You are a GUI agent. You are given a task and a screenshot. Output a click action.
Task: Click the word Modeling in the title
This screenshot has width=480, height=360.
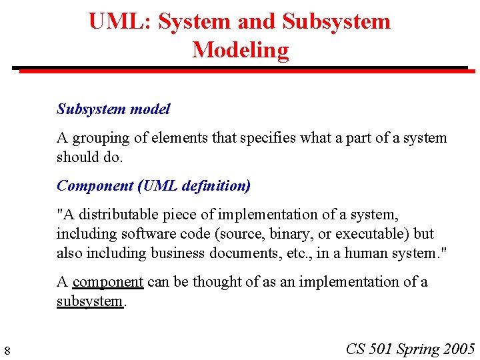pyautogui.click(x=240, y=50)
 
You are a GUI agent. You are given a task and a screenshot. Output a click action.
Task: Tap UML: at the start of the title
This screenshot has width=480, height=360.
pyautogui.click(x=121, y=21)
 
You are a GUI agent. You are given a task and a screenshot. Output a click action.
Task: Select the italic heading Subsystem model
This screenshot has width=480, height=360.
pyautogui.click(x=113, y=109)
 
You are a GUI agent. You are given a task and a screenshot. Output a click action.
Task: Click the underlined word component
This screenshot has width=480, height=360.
pyautogui.click(x=108, y=283)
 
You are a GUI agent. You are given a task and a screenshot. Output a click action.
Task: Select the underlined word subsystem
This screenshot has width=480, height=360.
pyautogui.click(x=89, y=301)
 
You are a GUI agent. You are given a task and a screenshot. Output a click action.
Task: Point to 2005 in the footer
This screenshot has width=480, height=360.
pyautogui.click(x=459, y=349)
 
